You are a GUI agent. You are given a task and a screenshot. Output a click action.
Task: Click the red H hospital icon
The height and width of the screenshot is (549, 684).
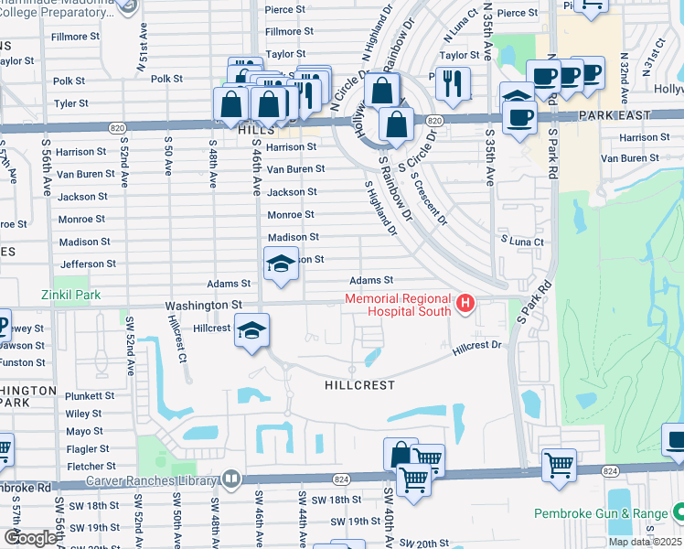click(x=465, y=304)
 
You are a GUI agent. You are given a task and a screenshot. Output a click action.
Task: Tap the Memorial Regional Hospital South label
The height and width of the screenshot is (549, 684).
click(x=399, y=305)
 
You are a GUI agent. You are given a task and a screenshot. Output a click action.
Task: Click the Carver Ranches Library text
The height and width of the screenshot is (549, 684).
click(x=152, y=479)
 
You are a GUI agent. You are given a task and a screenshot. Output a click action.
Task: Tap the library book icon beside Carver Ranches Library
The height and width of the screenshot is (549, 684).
click(x=231, y=479)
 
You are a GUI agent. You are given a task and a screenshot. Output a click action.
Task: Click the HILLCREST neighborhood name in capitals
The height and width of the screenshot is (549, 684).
click(x=360, y=385)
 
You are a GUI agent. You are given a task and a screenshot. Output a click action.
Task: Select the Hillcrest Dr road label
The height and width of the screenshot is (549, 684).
click(x=477, y=345)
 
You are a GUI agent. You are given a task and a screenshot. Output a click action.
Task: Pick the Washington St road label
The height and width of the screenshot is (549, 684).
click(x=203, y=305)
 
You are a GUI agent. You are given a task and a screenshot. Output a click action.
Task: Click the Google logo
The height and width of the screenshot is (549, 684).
click(x=29, y=538)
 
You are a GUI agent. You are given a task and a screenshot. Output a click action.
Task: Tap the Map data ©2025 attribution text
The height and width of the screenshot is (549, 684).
click(x=645, y=542)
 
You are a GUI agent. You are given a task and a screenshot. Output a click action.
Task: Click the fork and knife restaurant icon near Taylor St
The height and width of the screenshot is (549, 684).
click(x=453, y=84)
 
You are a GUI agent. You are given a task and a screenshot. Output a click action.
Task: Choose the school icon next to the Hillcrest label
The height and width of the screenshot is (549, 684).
click(x=251, y=330)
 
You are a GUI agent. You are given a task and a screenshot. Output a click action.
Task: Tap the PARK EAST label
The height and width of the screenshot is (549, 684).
click(x=615, y=116)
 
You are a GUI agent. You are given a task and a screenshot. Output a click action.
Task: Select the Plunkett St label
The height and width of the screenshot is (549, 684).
click(x=90, y=395)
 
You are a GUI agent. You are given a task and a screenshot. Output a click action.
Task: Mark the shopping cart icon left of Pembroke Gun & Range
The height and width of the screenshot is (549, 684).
click(x=560, y=463)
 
